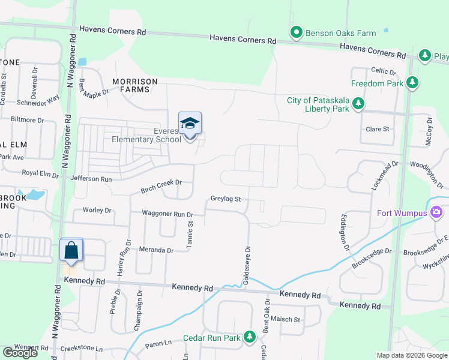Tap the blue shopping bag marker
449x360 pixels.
pos(71,250)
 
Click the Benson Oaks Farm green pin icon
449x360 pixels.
pos(296,32)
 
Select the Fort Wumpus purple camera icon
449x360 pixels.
pos(436,213)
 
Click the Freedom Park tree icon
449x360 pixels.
pos(412,83)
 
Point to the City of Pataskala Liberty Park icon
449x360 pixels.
pos(358,104)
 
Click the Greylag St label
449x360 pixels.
pos(226,199)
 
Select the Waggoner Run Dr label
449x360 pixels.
pos(167,214)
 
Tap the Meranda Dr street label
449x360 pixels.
pos(157,250)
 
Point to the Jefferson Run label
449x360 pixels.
pos(91,179)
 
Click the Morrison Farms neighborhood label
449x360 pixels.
pos(134,86)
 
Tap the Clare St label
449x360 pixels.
pos(378,129)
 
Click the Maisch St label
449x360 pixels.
pos(285,319)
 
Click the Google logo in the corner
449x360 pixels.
pos(20,353)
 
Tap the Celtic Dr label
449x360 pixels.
pos(384,71)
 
